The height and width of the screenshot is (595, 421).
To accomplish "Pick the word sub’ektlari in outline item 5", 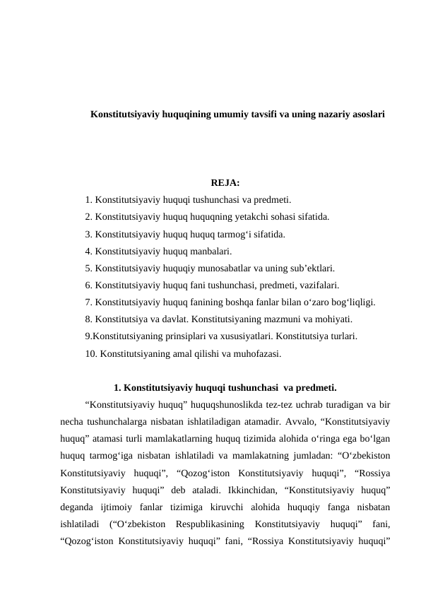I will [x=312, y=268].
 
